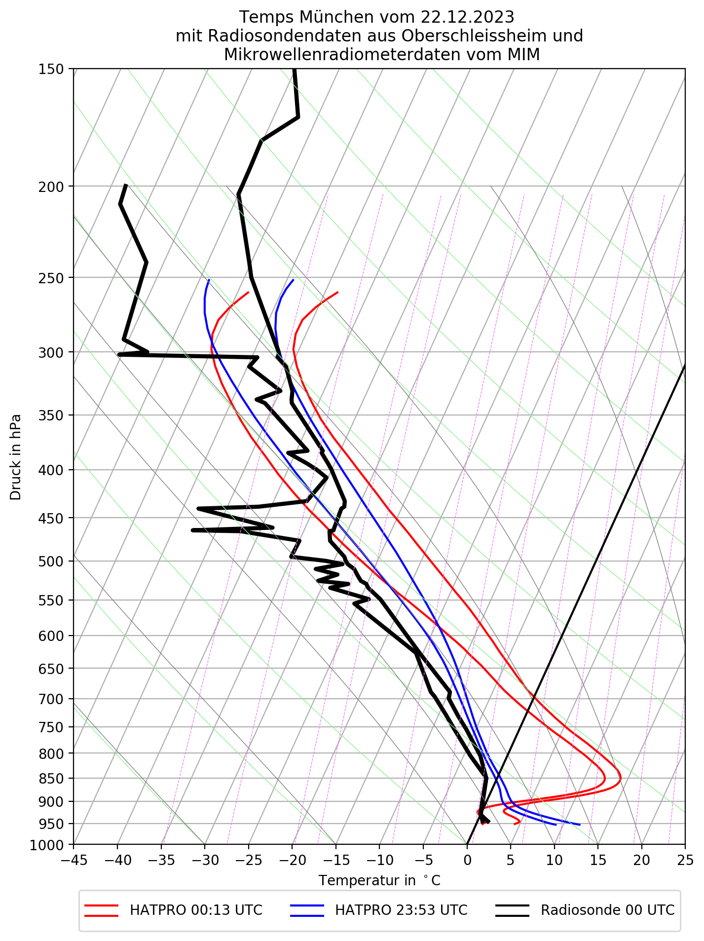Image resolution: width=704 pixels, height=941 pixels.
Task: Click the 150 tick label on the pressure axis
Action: click(x=51, y=69)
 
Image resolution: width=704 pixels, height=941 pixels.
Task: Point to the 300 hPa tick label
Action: click(x=51, y=352)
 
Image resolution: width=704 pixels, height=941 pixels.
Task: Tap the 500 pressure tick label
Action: click(x=51, y=562)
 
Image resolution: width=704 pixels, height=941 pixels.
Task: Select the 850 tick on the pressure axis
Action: click(x=51, y=779)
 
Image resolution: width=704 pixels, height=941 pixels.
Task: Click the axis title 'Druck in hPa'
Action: click(x=16, y=457)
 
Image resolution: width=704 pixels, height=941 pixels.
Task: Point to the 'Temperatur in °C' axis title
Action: click(x=379, y=881)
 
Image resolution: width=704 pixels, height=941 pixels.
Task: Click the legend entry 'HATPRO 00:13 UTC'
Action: click(x=196, y=910)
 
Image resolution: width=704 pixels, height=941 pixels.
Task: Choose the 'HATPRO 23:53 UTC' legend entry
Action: click(x=401, y=910)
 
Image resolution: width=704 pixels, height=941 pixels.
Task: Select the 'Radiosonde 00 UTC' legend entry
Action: click(x=607, y=910)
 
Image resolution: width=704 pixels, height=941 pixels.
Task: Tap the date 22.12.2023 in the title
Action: click(x=467, y=18)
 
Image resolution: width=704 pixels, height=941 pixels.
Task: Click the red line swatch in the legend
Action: click(x=101, y=910)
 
